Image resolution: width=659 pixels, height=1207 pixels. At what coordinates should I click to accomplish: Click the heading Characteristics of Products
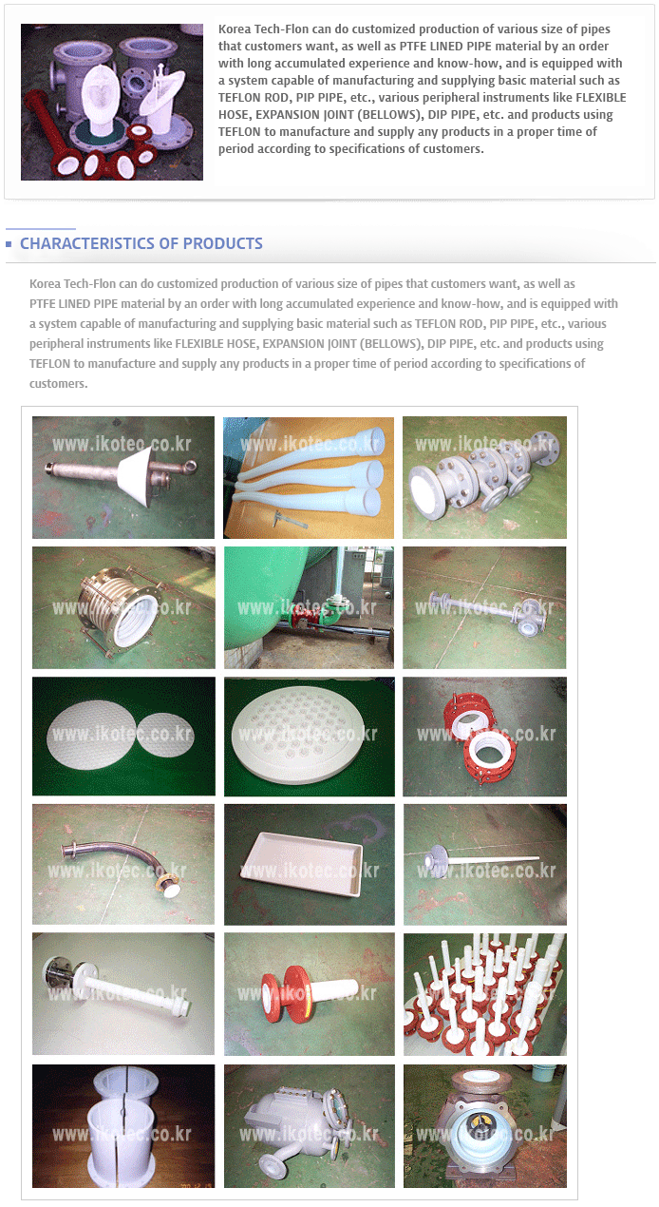141,243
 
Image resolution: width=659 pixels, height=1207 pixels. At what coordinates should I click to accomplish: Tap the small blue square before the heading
9,244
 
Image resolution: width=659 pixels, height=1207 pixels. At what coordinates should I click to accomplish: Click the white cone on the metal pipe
136,476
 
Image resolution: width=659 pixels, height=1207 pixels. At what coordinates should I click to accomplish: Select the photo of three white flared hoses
309,477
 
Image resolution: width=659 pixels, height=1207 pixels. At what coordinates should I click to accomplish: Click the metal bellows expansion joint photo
123,608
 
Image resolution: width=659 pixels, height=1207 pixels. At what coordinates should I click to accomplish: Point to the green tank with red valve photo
309,608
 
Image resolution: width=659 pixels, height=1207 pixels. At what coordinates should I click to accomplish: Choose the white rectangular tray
302,863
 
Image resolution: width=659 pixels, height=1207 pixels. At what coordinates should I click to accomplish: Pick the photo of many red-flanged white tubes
484,993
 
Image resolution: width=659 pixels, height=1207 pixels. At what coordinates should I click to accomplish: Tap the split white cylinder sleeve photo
123,1126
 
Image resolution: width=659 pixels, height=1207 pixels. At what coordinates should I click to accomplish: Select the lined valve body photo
484,1126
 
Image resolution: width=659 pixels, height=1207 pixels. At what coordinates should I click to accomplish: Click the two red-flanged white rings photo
484,736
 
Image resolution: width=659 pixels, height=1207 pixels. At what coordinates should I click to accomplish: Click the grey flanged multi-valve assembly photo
484,477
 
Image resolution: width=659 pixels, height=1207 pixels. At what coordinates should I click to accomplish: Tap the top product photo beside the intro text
112,102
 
